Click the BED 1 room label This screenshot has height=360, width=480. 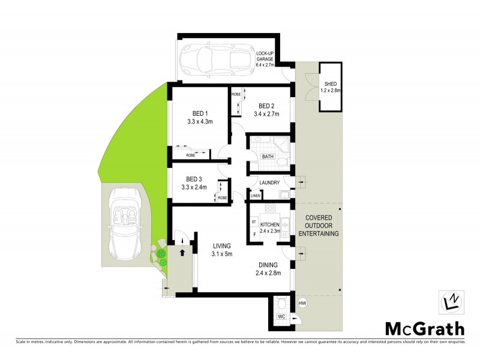pos(200,113)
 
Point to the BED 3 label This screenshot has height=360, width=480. pos(194,179)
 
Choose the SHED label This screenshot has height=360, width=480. pos(331,84)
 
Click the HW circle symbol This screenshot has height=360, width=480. pos(302,302)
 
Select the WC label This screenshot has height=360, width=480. pos(281,316)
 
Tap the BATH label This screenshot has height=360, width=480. pos(268,157)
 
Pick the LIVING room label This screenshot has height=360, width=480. pos(221,246)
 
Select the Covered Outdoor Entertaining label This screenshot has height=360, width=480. pos(322,225)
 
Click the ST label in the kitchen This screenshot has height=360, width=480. pos(254,221)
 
